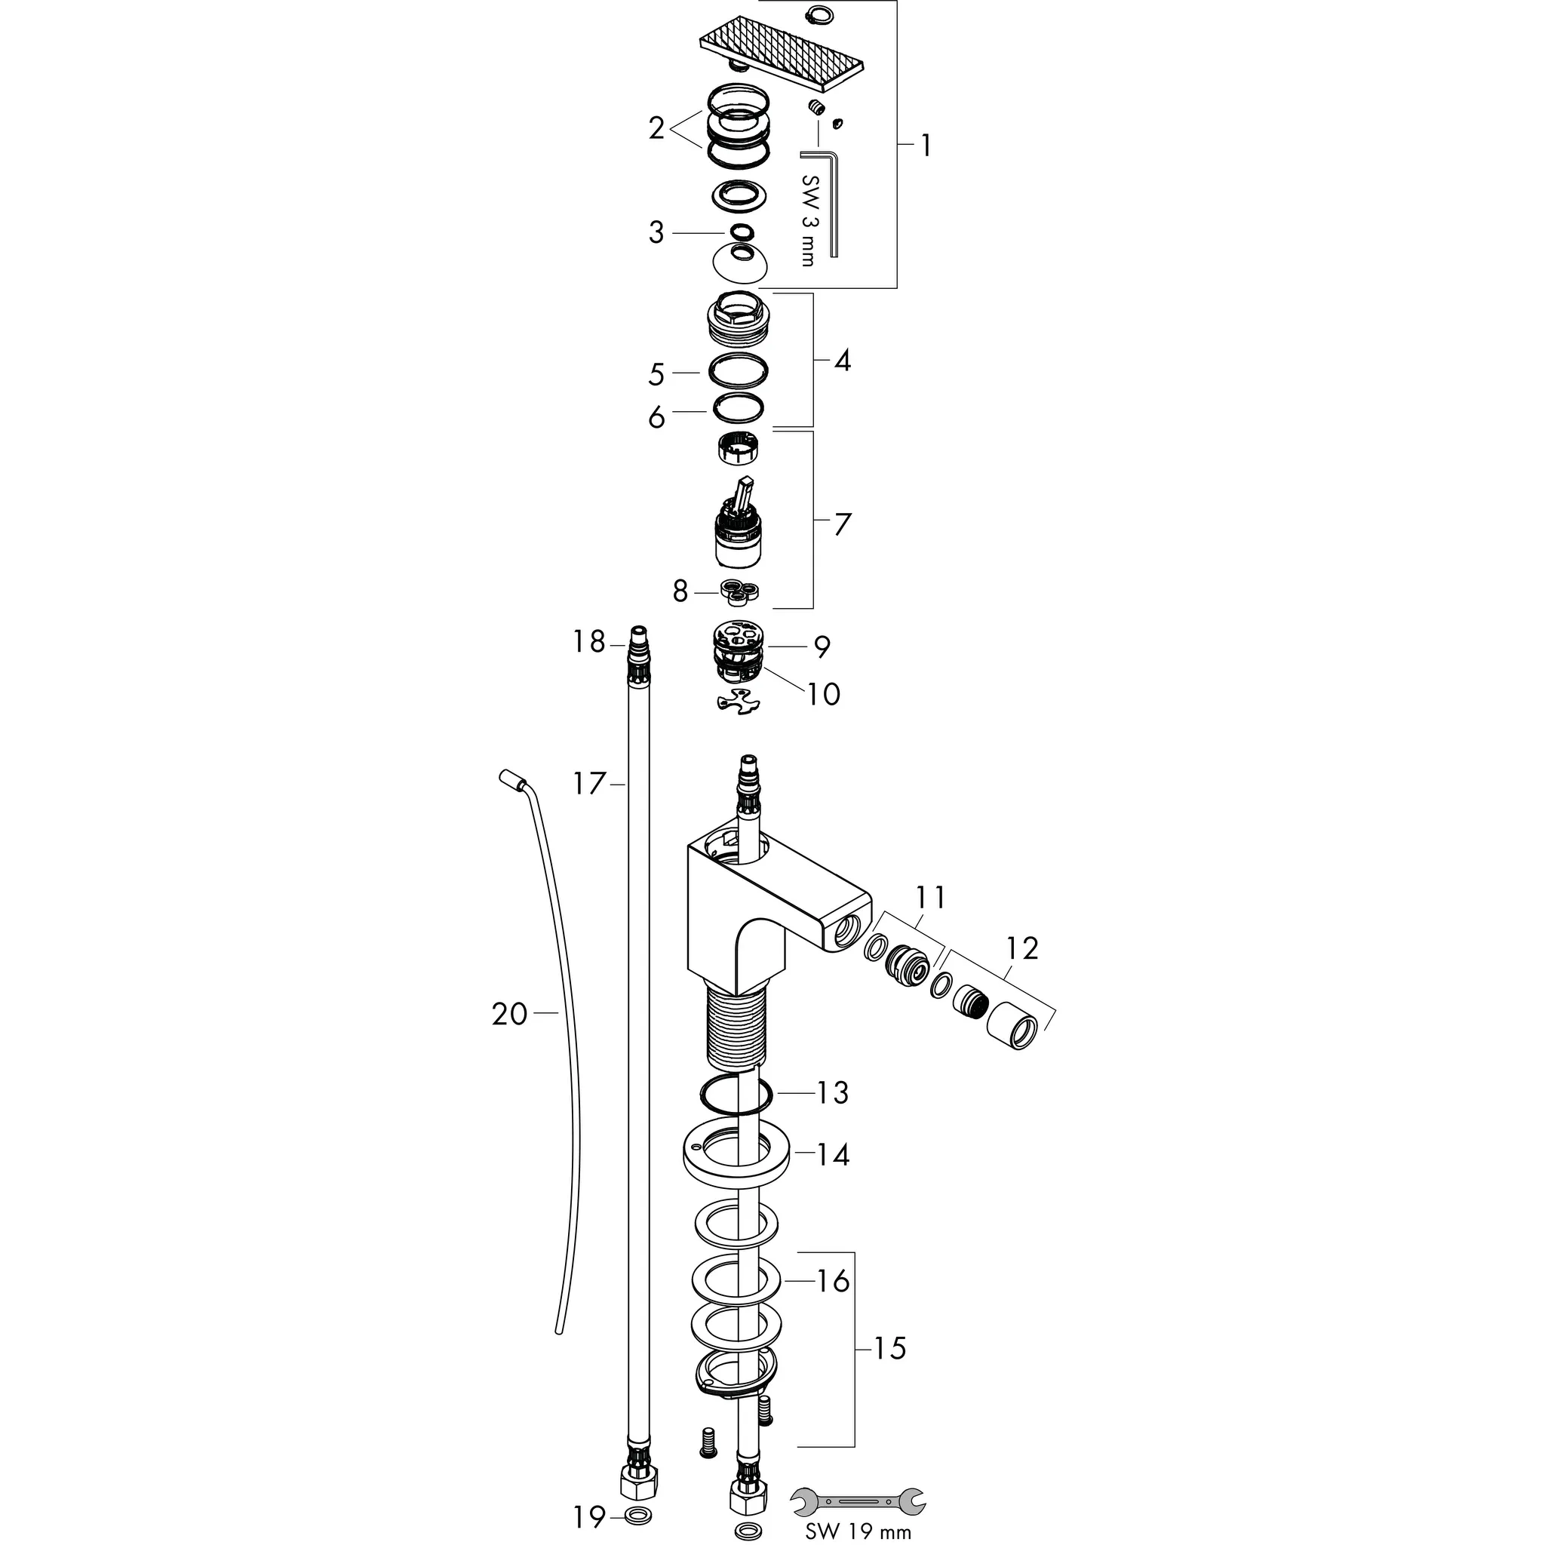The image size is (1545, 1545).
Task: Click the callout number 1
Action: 925,146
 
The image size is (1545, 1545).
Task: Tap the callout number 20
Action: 510,1015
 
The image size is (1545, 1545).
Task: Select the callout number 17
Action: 590,784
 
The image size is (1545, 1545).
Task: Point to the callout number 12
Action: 1022,948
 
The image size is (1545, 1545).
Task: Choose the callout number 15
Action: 889,1349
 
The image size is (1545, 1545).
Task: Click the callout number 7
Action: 843,524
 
